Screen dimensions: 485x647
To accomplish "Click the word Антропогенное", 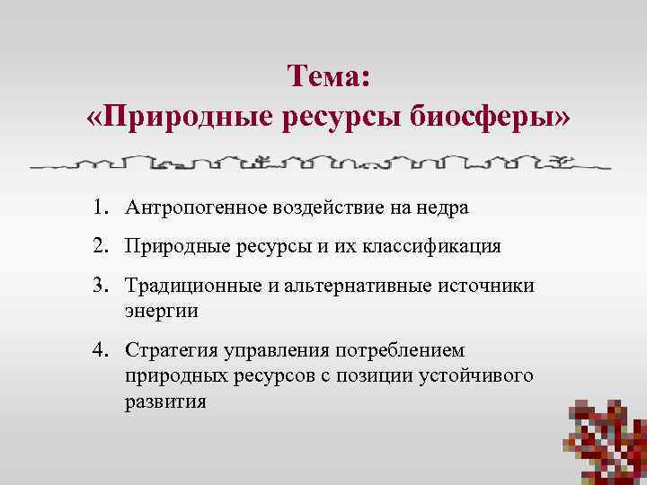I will pos(189,207).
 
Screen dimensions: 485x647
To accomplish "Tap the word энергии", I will pos(162,311).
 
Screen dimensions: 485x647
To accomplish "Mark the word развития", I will pos(166,401).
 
